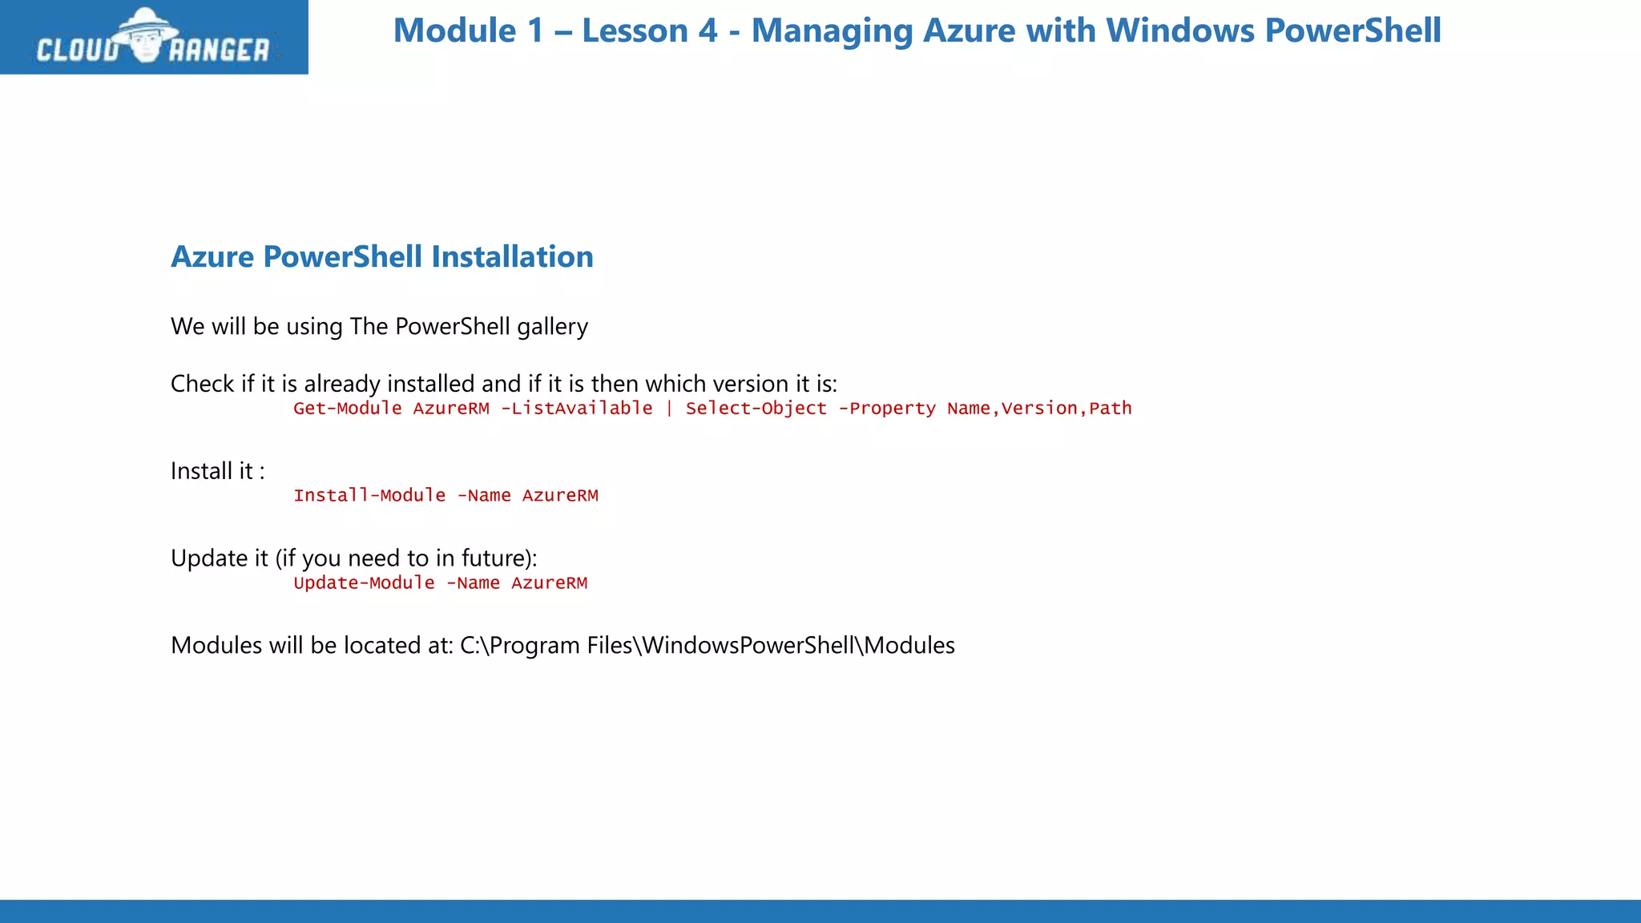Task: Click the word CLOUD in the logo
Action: (78, 50)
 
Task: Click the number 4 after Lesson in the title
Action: (708, 30)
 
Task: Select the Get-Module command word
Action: (348, 409)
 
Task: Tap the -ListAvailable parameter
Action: (577, 409)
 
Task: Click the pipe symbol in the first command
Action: (669, 409)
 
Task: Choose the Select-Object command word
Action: (756, 409)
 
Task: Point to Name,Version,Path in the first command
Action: (1039, 409)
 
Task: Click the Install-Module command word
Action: (369, 496)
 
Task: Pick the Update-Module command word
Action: (364, 583)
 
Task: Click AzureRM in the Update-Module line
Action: (549, 583)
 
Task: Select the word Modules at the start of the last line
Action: (216, 646)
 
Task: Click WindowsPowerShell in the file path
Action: (748, 646)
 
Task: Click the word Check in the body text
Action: (203, 384)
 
